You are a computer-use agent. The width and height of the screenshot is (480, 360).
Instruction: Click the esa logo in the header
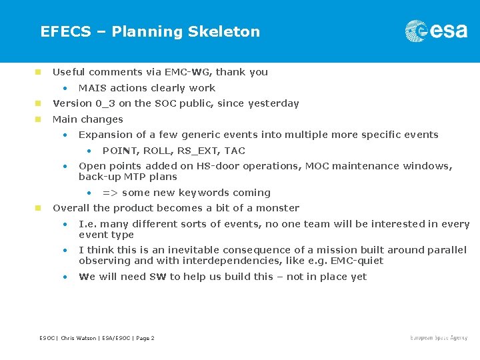click(436, 31)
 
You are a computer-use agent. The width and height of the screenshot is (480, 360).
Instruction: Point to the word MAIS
click(93, 88)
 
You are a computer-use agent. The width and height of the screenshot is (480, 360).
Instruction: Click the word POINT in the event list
click(119, 151)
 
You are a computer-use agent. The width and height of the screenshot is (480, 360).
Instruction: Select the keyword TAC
click(235, 151)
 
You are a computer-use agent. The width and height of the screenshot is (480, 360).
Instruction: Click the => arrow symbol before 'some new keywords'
click(110, 193)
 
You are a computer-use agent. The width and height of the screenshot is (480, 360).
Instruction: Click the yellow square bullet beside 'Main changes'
click(39, 119)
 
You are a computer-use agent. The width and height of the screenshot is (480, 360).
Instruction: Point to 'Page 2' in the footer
click(145, 339)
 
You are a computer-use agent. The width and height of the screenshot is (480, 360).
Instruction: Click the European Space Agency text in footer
click(439, 338)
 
